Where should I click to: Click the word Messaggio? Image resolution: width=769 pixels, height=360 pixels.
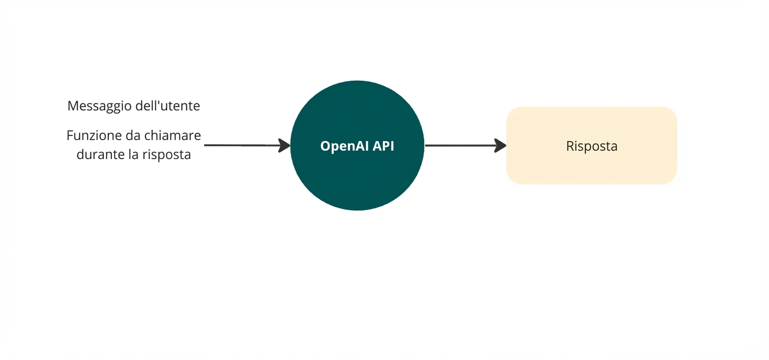(99, 106)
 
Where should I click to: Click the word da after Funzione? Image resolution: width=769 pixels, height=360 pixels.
(133, 136)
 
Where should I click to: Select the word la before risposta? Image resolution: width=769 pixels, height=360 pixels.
(133, 154)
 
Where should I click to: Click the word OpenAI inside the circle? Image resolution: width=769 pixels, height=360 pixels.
(344, 146)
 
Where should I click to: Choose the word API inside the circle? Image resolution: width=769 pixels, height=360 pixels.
(383, 146)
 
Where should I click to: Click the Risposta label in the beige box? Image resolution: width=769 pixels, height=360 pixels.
(592, 146)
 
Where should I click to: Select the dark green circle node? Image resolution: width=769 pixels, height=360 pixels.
(357, 179)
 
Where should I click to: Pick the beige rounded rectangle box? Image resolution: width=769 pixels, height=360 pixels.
(592, 169)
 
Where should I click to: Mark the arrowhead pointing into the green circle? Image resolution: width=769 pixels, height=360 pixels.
(284, 146)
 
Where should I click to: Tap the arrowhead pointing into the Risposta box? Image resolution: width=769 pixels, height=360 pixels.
(500, 146)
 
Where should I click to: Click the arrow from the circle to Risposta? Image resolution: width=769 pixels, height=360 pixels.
(460, 146)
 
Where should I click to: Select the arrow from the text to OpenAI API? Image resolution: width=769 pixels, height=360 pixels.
(240, 146)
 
